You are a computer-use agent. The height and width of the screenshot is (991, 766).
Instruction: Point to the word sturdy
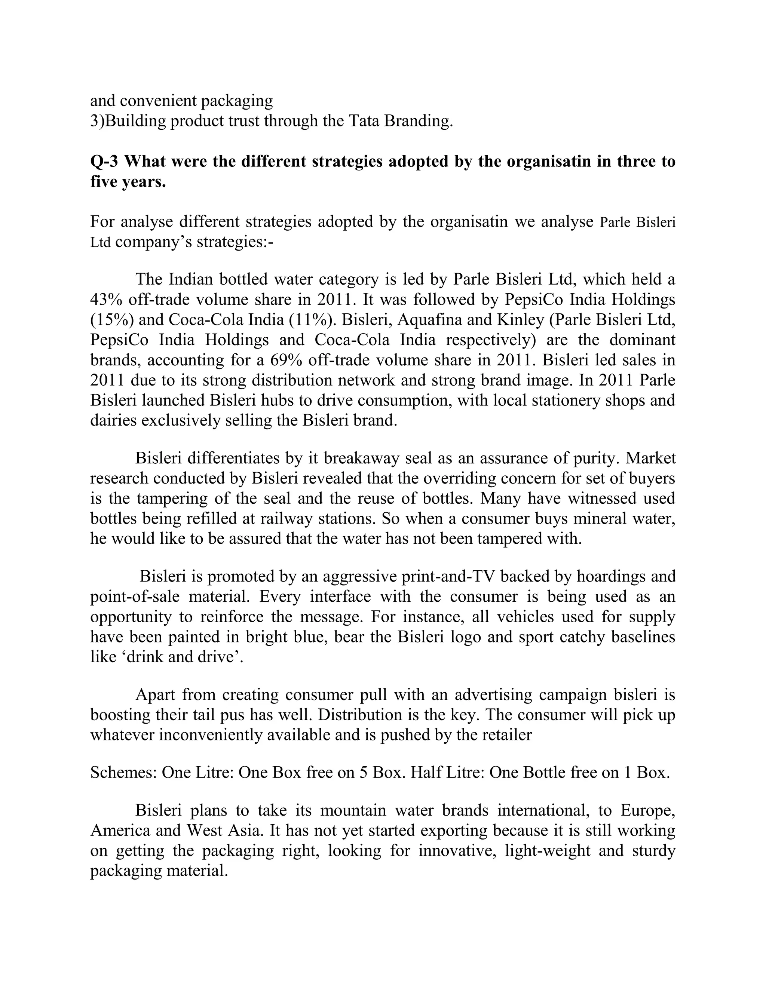[649, 850]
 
